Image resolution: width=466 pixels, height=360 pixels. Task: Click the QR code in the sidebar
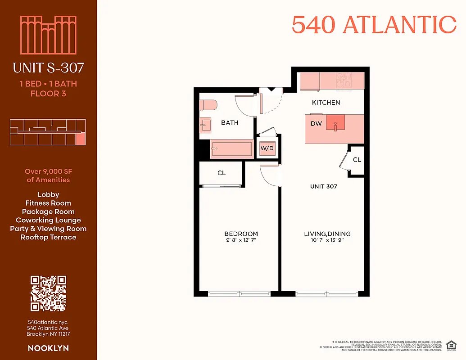[48, 293]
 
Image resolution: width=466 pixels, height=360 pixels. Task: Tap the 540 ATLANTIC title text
[374, 25]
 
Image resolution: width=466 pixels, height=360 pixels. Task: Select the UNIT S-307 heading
[48, 68]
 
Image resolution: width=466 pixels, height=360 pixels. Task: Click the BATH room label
[230, 122]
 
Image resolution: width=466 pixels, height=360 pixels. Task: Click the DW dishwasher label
[316, 123]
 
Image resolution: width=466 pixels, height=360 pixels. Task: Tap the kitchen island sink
[335, 122]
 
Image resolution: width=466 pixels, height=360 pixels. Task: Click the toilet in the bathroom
[208, 105]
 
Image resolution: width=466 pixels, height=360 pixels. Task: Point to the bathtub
[231, 149]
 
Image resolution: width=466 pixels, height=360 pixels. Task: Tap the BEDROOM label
[241, 234]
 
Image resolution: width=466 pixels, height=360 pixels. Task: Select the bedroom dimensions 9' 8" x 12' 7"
[241, 240]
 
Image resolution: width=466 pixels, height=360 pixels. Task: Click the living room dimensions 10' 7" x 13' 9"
[327, 240]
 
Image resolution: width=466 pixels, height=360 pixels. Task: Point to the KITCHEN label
[326, 103]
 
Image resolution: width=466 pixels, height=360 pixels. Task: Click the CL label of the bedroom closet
[222, 173]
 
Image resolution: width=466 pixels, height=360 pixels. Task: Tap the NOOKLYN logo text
[48, 348]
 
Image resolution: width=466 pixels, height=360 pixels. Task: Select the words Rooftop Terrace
[48, 237]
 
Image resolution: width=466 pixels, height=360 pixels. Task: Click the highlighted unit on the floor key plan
[80, 139]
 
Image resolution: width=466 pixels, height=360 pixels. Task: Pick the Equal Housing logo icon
[449, 345]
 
